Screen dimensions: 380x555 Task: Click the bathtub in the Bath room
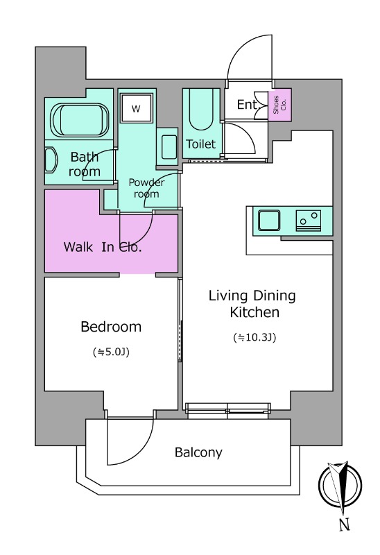point(80,120)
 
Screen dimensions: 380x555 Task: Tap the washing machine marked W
point(136,108)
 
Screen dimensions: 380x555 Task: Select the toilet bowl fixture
point(200,109)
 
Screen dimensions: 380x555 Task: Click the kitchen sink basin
point(269,221)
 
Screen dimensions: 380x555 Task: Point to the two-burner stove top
point(308,221)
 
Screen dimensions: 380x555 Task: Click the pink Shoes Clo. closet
point(279,105)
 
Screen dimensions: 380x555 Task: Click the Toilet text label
point(200,144)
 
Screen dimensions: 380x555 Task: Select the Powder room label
point(146,188)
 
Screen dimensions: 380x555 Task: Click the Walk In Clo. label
point(103,247)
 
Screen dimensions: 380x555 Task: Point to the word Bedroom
point(111,326)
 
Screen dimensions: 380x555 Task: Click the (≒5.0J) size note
point(111,352)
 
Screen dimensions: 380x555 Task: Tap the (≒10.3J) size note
point(254,338)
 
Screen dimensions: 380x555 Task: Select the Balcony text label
point(198,452)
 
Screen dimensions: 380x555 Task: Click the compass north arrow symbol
point(340,484)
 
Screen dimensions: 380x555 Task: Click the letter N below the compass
point(344,524)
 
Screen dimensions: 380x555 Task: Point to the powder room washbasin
point(169,147)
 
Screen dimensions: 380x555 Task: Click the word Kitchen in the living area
point(254,313)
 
